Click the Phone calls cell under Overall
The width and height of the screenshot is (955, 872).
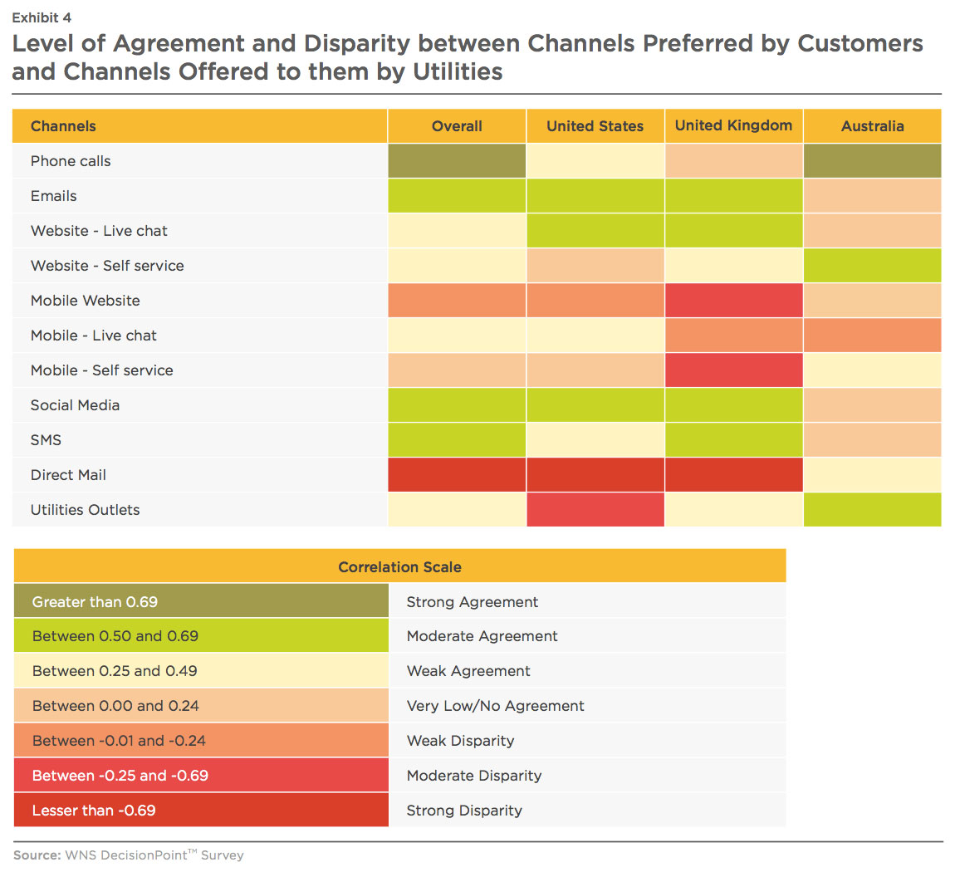point(457,161)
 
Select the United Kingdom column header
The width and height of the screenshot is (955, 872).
point(733,125)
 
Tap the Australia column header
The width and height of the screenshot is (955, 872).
point(872,126)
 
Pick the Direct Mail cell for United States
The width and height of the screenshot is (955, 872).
point(595,474)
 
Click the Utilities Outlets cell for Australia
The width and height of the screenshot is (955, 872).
point(872,510)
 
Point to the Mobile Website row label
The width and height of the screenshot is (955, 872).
point(86,300)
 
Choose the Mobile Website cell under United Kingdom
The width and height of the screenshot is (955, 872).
point(733,300)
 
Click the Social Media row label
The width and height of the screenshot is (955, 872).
point(75,405)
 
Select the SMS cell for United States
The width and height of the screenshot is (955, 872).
point(595,439)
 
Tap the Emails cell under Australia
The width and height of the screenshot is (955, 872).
point(872,195)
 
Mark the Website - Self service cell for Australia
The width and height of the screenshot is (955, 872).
point(872,266)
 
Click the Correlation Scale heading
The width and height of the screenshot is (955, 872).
point(399,567)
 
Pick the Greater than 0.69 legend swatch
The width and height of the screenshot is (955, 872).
point(201,601)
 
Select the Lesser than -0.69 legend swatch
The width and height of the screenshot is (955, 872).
point(201,810)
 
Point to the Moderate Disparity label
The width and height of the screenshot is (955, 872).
point(474,775)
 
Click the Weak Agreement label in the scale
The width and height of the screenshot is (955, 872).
point(468,670)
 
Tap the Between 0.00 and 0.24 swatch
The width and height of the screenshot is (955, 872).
point(201,705)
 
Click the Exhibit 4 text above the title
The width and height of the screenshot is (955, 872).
point(42,17)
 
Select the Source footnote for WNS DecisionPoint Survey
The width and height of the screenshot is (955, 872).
point(129,855)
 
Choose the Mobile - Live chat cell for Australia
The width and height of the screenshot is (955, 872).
point(872,335)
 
